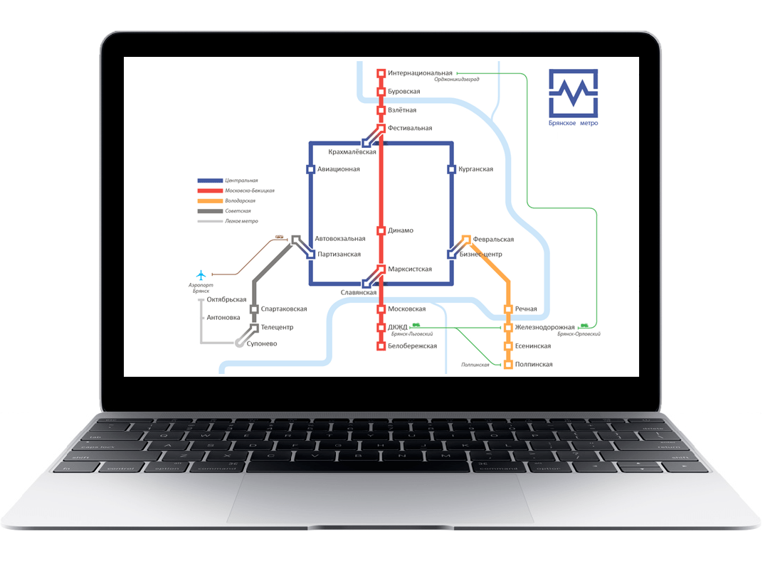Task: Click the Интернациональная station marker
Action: (x=381, y=73)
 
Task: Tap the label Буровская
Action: (x=403, y=92)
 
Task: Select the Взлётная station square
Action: (x=381, y=110)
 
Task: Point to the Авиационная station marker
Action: (x=310, y=169)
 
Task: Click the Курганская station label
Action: (x=476, y=169)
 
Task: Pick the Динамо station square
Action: (x=381, y=231)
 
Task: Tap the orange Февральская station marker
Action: (x=466, y=240)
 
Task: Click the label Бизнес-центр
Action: (x=481, y=255)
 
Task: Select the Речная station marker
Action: (x=508, y=309)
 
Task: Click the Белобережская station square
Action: (x=381, y=346)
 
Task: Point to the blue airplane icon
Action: (x=201, y=274)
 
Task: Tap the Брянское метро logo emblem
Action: (x=573, y=92)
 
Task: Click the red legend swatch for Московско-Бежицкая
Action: (x=210, y=191)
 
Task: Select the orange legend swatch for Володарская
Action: (x=210, y=201)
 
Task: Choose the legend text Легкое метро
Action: (x=241, y=221)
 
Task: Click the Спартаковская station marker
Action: (x=254, y=309)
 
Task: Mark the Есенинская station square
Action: (x=508, y=346)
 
